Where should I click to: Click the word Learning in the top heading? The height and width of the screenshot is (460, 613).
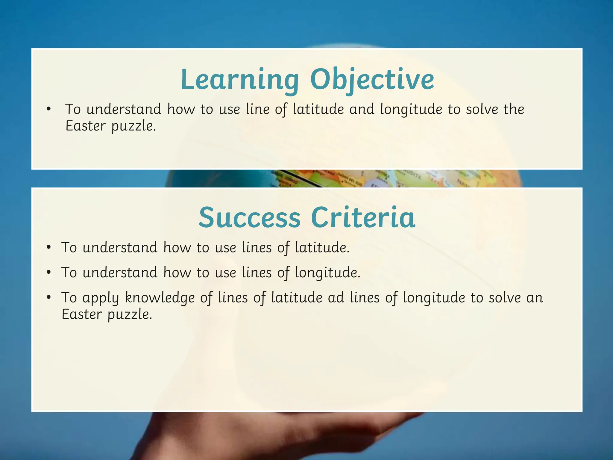239,80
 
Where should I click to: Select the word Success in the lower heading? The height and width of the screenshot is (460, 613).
249,217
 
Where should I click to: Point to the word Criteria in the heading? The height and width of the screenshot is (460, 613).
363,217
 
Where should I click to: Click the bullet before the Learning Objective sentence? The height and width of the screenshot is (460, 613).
49,109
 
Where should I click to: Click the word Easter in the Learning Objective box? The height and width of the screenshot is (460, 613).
85,126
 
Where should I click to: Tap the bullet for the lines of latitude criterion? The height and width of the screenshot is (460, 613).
49,248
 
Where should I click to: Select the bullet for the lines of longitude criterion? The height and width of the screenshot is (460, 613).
49,273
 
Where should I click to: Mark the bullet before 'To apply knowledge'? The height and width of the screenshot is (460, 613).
49,298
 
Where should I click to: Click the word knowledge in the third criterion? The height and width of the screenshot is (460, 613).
160,298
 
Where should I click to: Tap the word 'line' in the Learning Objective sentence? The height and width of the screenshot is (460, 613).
257,109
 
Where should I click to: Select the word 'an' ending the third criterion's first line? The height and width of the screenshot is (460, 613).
534,298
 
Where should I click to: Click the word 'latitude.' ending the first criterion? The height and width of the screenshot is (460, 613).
322,248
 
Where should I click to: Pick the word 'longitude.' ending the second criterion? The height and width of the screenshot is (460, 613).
327,273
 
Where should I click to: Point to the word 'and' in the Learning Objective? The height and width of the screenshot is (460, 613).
362,109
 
